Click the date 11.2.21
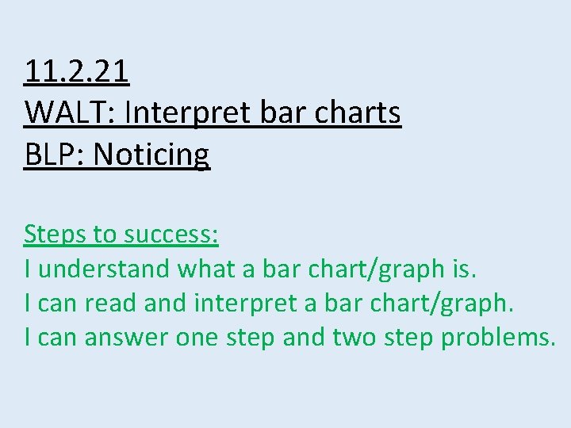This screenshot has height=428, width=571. (76, 72)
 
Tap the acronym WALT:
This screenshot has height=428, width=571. (70, 113)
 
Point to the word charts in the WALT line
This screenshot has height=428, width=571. (357, 113)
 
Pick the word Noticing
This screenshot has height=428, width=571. (151, 155)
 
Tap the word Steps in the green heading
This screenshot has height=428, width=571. (52, 235)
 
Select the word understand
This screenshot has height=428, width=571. (104, 269)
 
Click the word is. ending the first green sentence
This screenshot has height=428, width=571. (465, 269)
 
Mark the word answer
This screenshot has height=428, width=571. (126, 338)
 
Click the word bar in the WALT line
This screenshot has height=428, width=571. (283, 113)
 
